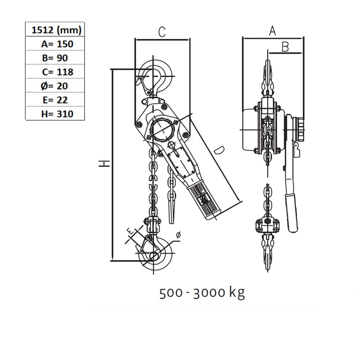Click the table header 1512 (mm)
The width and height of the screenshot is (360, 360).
tap(57, 30)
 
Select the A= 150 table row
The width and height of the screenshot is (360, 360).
tap(57, 44)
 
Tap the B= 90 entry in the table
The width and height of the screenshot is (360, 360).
tap(55, 58)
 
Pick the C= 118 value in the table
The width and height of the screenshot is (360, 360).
tap(58, 72)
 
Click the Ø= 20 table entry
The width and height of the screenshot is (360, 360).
tap(54, 86)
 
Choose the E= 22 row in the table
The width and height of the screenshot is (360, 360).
tap(55, 100)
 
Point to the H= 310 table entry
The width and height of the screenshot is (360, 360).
tap(57, 114)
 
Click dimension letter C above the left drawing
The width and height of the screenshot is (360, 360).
tap(162, 32)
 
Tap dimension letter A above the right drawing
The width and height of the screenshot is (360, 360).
tap(272, 31)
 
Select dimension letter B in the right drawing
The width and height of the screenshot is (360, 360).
tap(285, 47)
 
